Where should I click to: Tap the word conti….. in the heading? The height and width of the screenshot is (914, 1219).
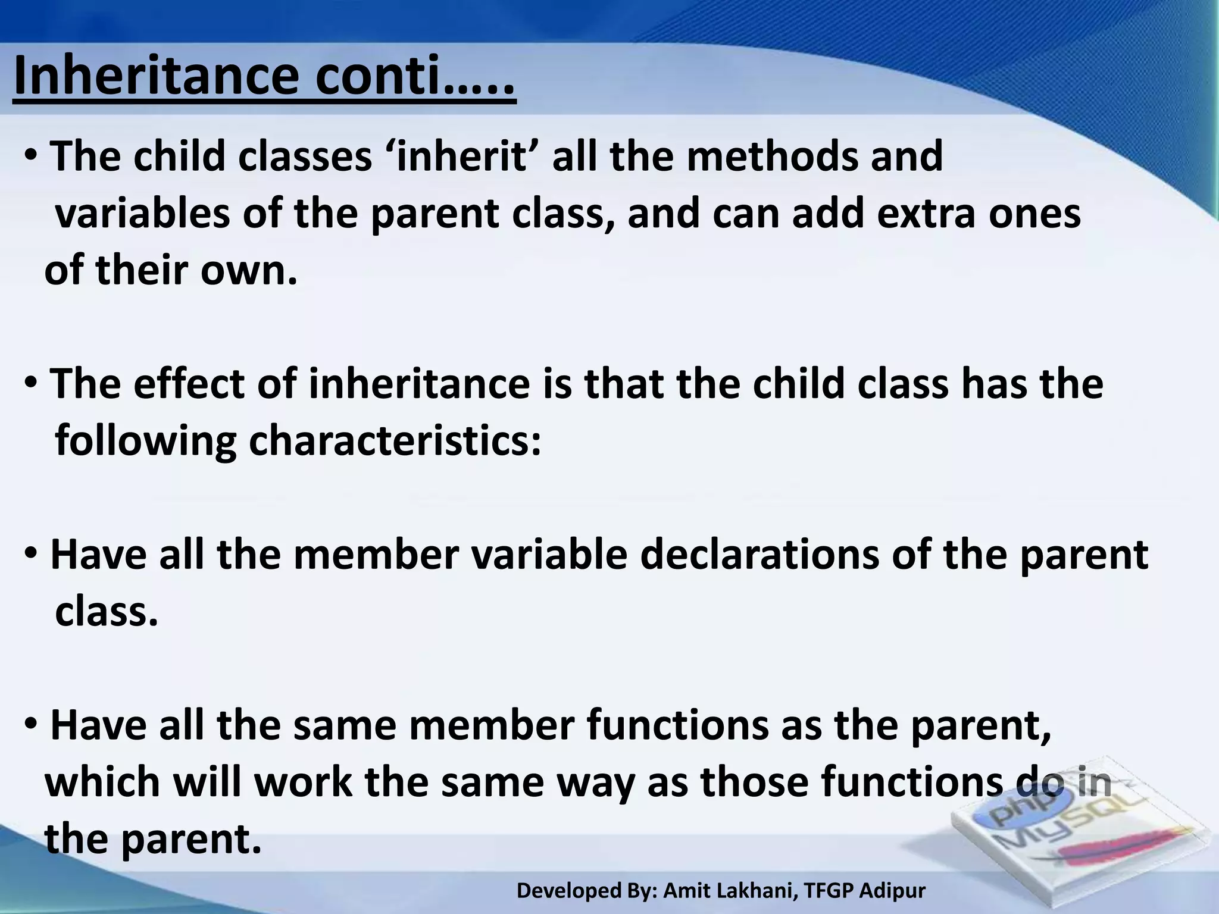click(415, 77)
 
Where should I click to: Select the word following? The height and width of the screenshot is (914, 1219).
click(145, 442)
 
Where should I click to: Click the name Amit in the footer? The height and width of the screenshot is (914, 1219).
click(683, 890)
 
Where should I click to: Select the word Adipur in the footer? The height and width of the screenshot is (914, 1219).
click(893, 891)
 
